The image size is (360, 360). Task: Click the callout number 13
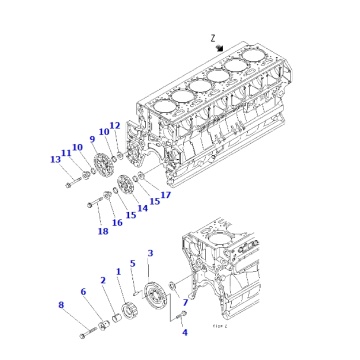(x=56, y=159)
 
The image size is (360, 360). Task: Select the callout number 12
(x=115, y=126)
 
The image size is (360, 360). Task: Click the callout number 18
(x=102, y=231)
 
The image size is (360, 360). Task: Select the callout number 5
(x=132, y=263)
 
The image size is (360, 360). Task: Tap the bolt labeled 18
(x=95, y=207)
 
